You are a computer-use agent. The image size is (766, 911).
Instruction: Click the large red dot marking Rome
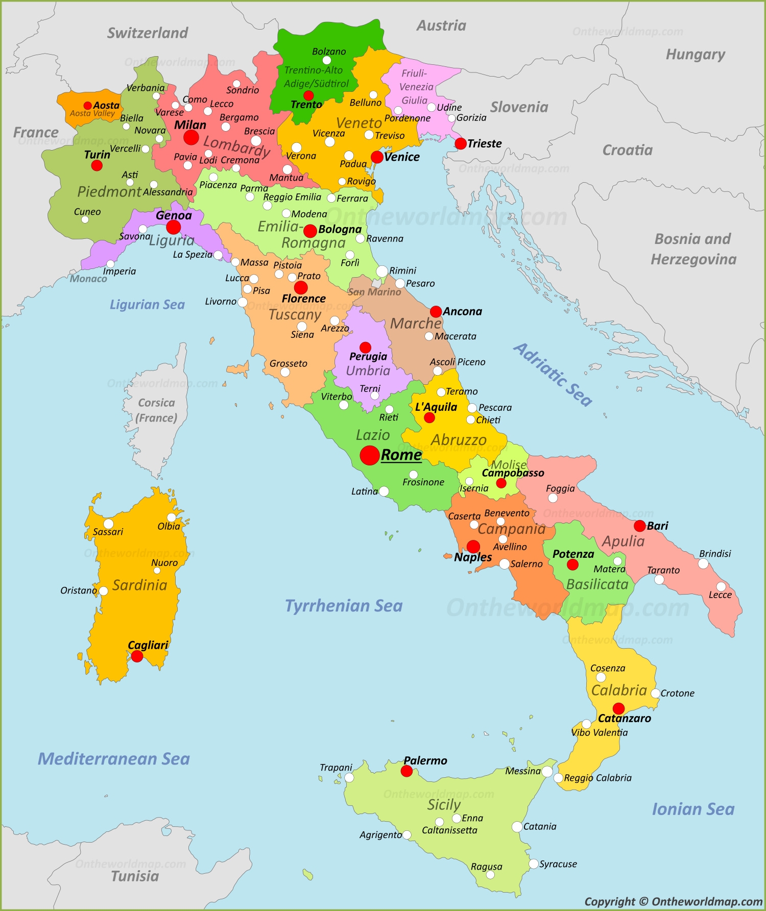[370, 455]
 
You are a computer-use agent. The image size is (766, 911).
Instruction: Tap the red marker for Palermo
[406, 771]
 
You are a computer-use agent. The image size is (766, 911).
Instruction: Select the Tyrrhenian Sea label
[344, 606]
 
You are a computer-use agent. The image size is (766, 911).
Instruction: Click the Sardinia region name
[140, 585]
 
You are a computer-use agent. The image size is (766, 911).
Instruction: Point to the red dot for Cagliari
[137, 656]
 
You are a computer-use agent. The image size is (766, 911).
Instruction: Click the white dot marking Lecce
[721, 586]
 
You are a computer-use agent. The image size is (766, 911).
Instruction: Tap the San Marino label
[374, 292]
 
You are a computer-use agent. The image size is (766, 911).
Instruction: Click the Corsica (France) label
[157, 410]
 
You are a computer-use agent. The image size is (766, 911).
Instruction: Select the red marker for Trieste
[461, 143]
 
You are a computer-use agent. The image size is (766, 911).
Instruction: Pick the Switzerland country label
[148, 33]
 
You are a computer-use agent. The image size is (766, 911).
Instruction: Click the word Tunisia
[135, 876]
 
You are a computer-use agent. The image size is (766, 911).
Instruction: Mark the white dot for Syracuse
[534, 864]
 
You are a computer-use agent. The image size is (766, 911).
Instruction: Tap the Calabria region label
[619, 691]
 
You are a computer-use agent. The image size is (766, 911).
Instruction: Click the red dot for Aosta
[88, 106]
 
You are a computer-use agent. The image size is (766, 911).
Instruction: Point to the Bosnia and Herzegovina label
[693, 249]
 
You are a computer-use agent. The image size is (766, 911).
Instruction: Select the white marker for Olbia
[172, 518]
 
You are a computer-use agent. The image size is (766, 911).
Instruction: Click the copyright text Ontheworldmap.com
[674, 902]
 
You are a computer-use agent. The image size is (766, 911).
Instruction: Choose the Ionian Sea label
[693, 809]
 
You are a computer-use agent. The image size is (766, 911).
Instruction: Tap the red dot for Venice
[377, 157]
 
